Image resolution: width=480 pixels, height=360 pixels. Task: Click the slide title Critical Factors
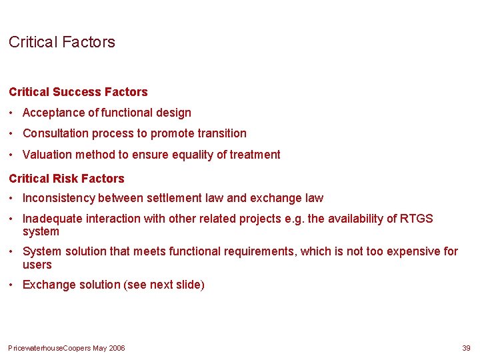(62, 42)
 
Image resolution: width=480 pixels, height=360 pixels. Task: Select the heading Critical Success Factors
(78, 92)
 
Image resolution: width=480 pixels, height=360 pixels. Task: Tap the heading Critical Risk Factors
(67, 179)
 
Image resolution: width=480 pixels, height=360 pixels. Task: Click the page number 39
(466, 348)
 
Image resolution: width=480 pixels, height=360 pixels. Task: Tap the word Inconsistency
(59, 198)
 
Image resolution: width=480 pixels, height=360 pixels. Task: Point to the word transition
(221, 133)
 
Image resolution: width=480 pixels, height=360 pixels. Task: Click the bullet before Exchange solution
(13, 285)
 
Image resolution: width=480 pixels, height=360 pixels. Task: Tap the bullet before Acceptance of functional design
(13, 113)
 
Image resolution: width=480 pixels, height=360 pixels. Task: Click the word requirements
(262, 251)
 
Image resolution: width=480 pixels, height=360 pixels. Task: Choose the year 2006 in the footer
(116, 348)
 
